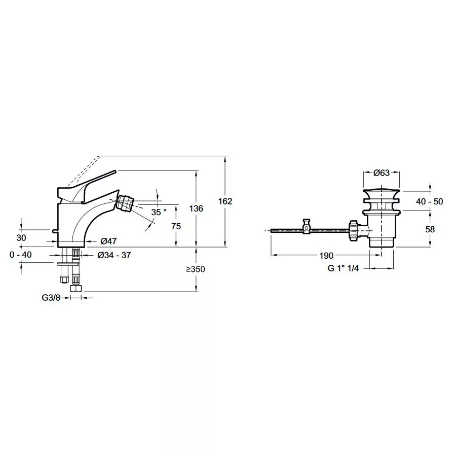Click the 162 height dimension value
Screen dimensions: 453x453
(x=225, y=201)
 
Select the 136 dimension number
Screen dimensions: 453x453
(x=196, y=208)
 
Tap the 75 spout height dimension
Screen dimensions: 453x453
(x=176, y=226)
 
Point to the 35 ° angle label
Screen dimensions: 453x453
(x=159, y=212)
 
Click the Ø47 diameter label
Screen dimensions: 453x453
(x=108, y=240)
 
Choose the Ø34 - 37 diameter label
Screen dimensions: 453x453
(x=114, y=255)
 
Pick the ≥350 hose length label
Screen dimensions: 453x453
(x=196, y=269)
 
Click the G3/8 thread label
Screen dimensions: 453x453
(x=51, y=297)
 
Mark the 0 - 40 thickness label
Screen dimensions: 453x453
(x=20, y=255)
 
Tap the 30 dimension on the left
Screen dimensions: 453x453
(x=21, y=238)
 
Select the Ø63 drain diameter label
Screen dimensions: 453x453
(x=382, y=172)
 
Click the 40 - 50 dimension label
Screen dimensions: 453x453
(x=429, y=201)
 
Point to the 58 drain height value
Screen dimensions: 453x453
(x=430, y=229)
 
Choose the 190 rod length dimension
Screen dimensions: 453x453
(x=326, y=256)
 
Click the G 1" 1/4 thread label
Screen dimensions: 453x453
(x=343, y=268)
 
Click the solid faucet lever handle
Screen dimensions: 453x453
(x=86, y=185)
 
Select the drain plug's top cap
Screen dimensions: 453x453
(x=382, y=192)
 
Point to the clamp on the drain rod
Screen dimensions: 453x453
(x=307, y=226)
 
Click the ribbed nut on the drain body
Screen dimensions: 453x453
(x=354, y=230)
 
